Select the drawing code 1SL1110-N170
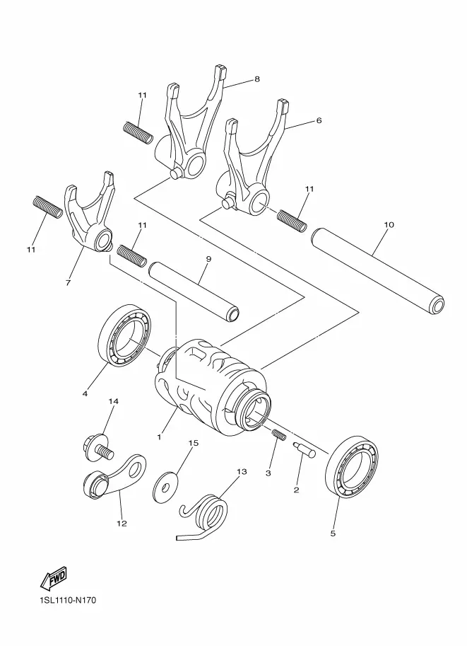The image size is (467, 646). click(x=68, y=600)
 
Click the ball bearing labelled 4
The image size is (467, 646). click(x=124, y=336)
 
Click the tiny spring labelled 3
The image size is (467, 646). click(x=279, y=434)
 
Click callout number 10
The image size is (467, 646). click(x=389, y=224)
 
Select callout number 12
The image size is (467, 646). click(x=122, y=524)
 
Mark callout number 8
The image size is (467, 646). click(x=257, y=79)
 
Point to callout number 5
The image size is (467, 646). click(x=333, y=533)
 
